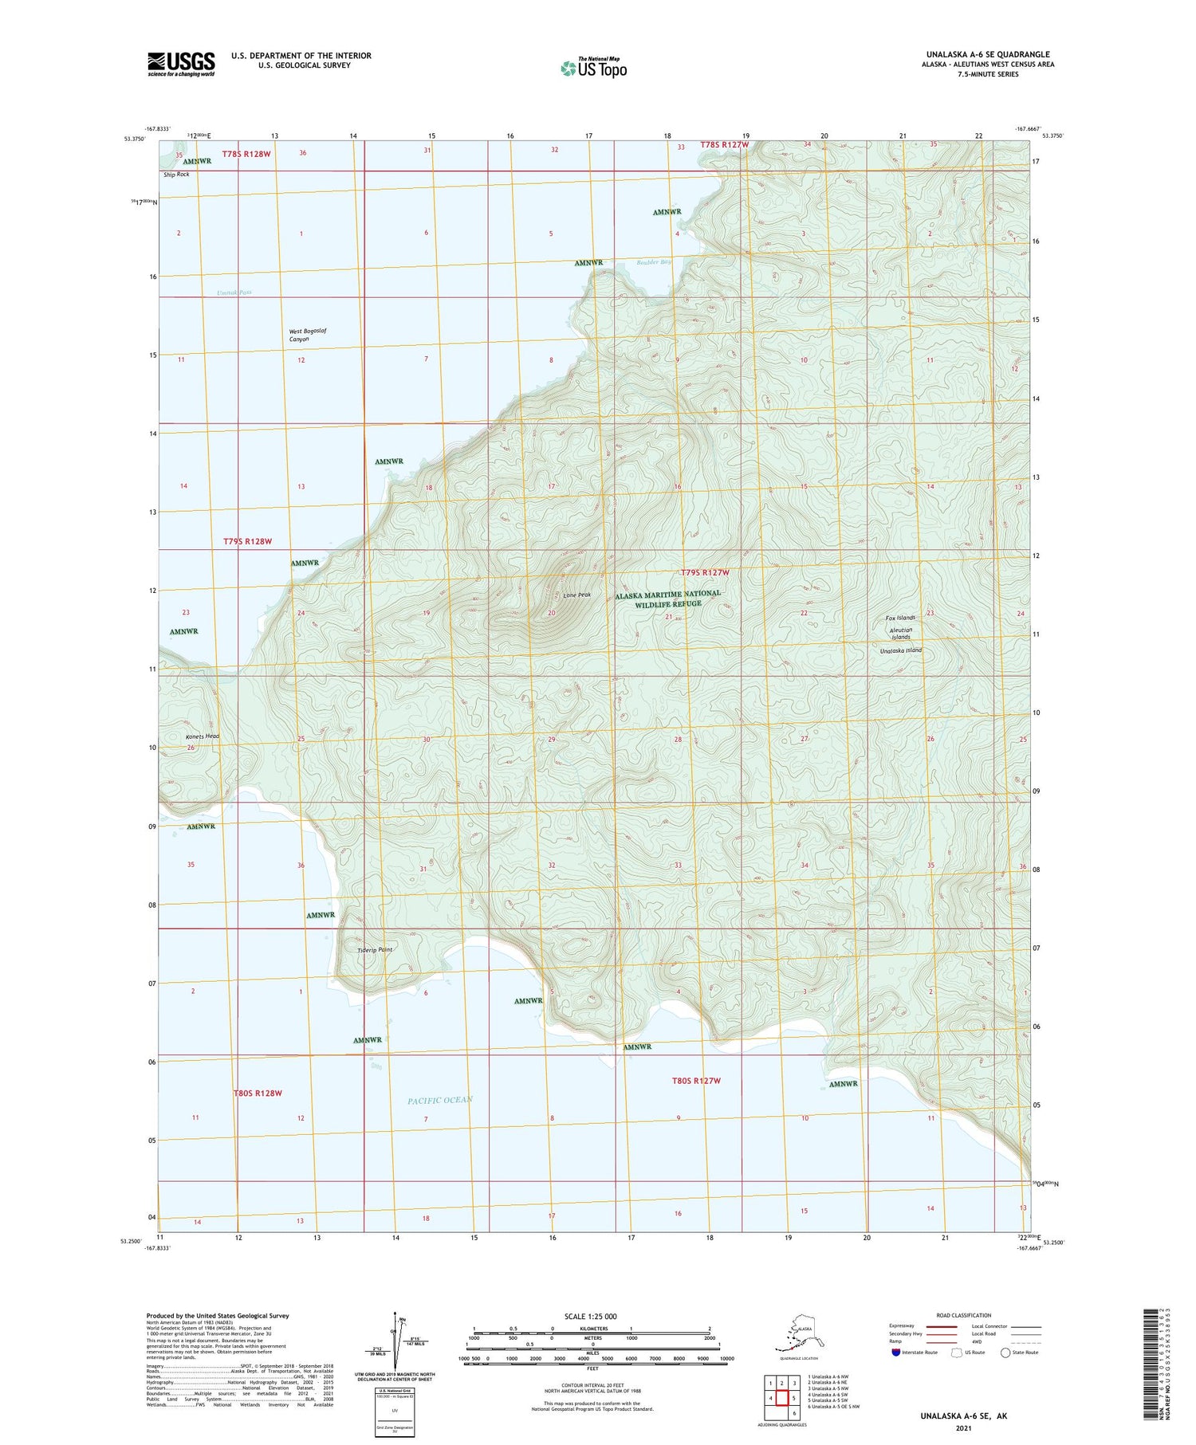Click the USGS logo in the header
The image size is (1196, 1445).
pyautogui.click(x=181, y=64)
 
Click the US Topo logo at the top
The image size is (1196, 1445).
pyautogui.click(x=594, y=68)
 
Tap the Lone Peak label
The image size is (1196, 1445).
pyautogui.click(x=576, y=595)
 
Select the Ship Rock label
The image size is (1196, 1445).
pyautogui.click(x=176, y=174)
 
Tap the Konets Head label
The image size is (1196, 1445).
pyautogui.click(x=202, y=736)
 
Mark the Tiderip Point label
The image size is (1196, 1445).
pyautogui.click(x=374, y=949)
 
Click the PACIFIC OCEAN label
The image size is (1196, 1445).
pyautogui.click(x=440, y=1100)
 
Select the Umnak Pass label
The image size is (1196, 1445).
pyautogui.click(x=234, y=293)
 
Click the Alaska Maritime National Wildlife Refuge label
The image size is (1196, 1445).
pyautogui.click(x=667, y=599)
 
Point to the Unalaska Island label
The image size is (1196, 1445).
pyautogui.click(x=900, y=650)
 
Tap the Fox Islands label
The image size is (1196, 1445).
pyautogui.click(x=900, y=618)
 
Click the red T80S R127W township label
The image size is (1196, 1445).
pyautogui.click(x=696, y=1081)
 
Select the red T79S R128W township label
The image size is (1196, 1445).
pyautogui.click(x=247, y=541)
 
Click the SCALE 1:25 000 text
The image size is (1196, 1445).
pyautogui.click(x=590, y=1317)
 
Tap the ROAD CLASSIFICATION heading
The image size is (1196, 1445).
pyautogui.click(x=963, y=1315)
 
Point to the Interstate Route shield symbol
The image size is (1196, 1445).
pyautogui.click(x=895, y=1353)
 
